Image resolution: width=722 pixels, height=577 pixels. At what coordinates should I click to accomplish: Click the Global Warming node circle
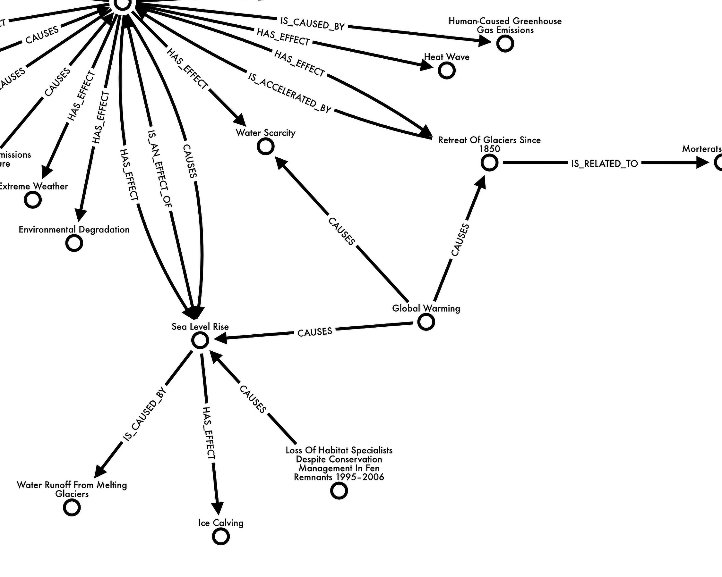426,322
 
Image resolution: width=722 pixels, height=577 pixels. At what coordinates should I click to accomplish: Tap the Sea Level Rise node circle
200,340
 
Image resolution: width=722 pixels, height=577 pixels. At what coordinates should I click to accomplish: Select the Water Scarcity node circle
266,146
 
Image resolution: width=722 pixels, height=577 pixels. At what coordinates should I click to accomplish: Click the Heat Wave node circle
446,71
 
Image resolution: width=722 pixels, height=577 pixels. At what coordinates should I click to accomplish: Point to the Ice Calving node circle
221,537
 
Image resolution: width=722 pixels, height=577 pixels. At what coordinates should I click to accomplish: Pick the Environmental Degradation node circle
74,243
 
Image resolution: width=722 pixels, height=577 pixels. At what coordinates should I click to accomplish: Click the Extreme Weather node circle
33,200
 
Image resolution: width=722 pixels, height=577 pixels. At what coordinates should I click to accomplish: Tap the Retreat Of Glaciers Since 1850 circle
489,163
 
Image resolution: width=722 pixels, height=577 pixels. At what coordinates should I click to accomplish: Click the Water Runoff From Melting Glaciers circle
72,507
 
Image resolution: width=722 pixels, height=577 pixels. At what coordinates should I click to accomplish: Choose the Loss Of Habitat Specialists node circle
339,491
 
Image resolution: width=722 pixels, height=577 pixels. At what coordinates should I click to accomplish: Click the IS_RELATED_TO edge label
605,163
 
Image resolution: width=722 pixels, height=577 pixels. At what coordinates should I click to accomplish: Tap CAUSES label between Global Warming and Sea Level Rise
314,332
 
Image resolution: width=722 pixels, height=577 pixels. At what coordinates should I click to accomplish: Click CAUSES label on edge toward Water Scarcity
341,231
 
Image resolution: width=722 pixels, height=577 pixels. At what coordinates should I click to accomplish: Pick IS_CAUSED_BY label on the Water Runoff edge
145,414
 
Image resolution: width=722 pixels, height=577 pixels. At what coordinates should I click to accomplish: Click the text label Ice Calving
221,523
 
